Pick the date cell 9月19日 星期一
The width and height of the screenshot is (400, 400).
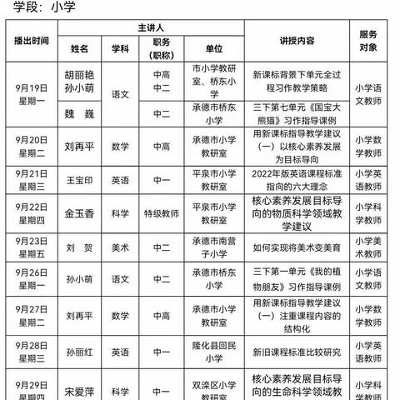click(31, 92)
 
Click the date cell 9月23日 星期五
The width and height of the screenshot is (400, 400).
click(31, 247)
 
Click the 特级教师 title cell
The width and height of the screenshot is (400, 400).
click(162, 212)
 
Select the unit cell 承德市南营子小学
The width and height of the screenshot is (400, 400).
click(214, 247)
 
